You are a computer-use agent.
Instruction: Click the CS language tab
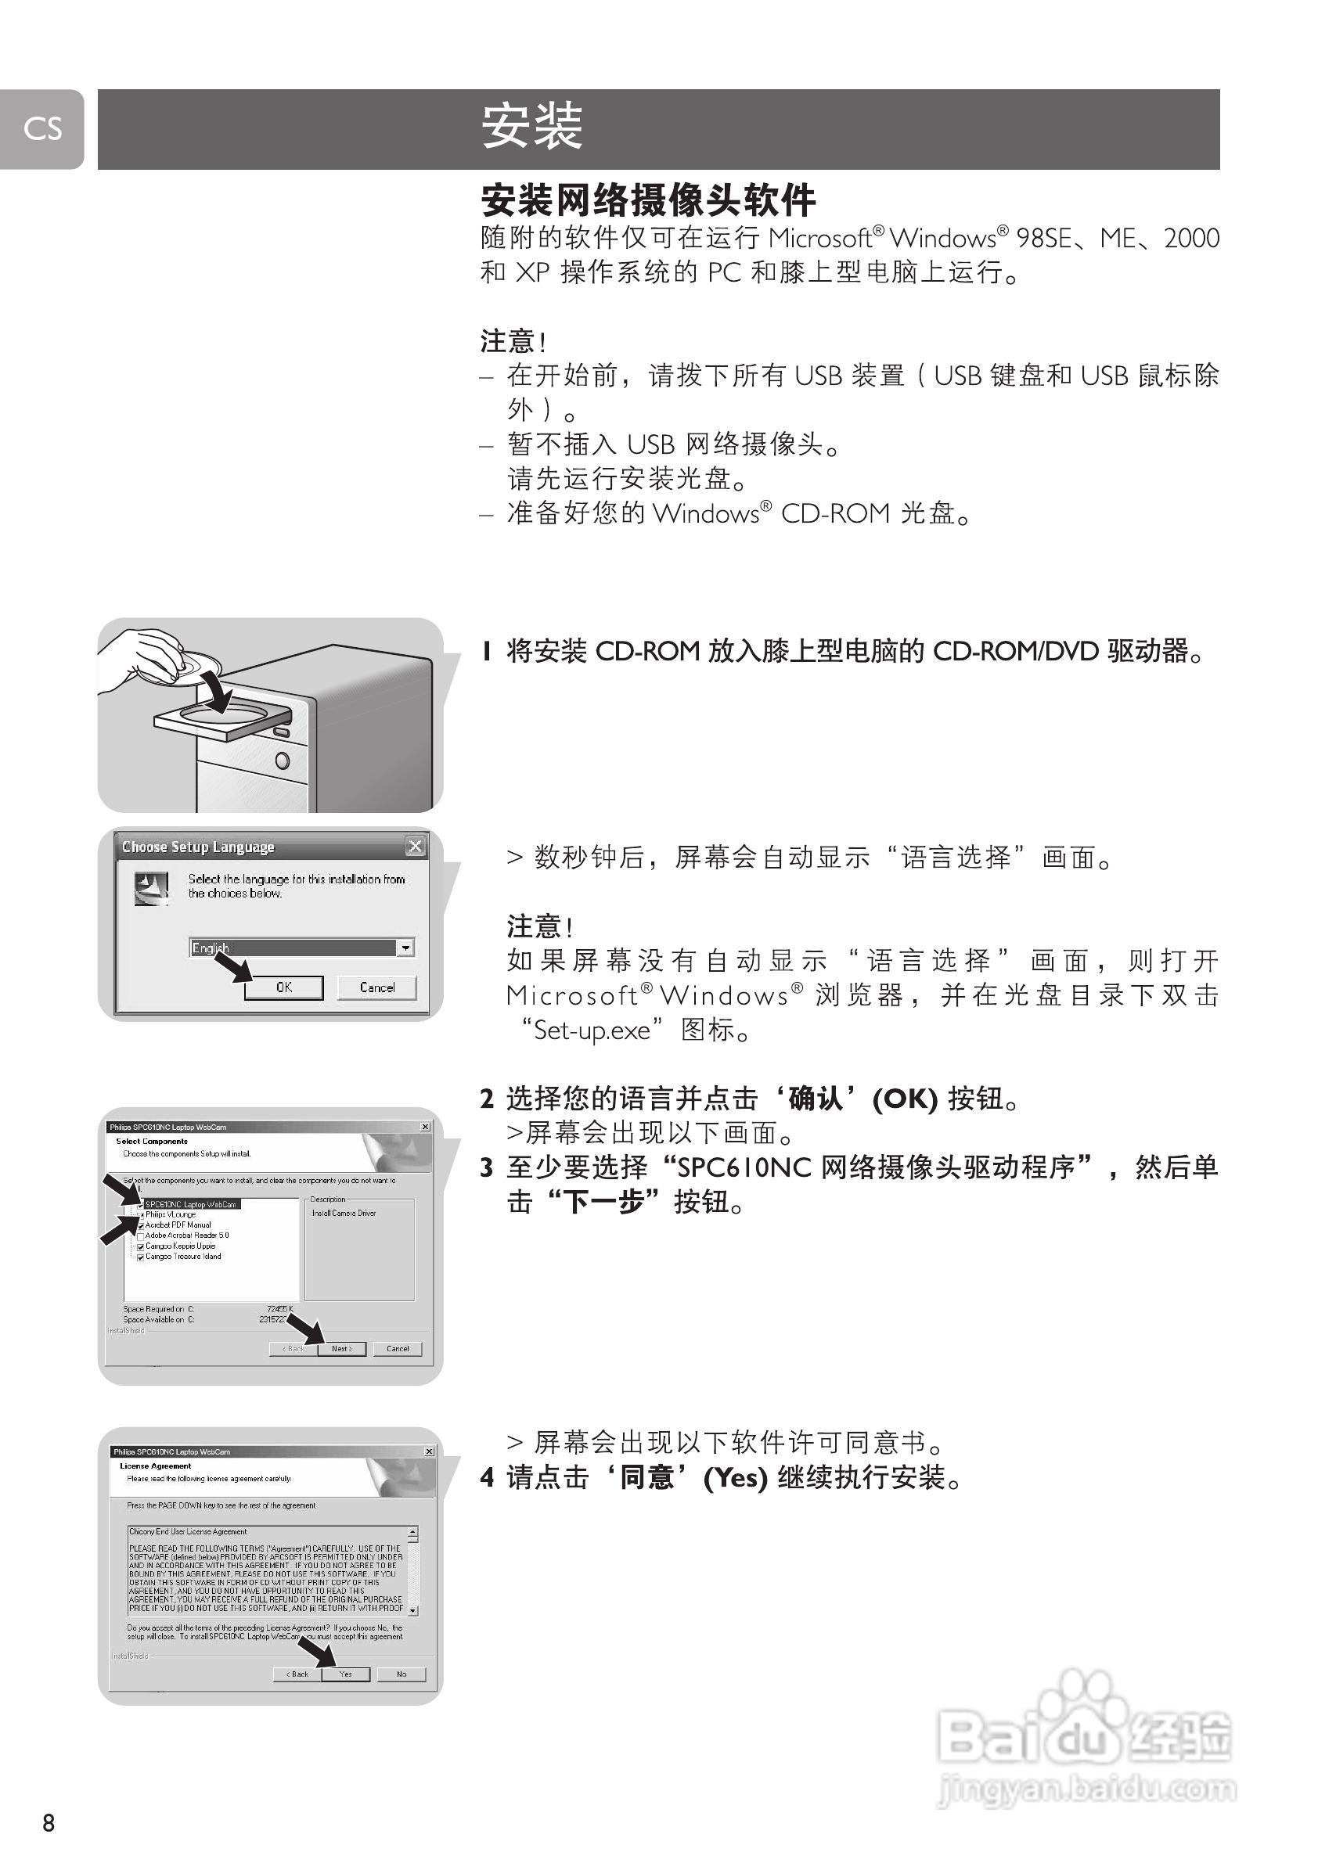[x=42, y=128]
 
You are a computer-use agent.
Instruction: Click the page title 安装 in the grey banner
[x=531, y=128]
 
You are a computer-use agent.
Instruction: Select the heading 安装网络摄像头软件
[x=647, y=200]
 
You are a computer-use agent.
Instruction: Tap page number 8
[x=49, y=1822]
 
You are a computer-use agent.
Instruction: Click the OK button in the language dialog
[x=283, y=987]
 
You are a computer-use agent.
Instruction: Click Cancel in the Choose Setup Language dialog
[x=376, y=987]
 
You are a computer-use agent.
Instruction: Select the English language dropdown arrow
[x=405, y=947]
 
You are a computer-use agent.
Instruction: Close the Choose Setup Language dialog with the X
[x=415, y=847]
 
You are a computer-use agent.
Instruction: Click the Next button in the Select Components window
[x=341, y=1349]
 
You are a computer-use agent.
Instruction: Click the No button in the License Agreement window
[x=401, y=1674]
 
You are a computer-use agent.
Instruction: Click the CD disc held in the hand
[x=195, y=664]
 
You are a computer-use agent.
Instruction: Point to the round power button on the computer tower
[x=283, y=761]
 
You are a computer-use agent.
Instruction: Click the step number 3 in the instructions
[x=486, y=1167]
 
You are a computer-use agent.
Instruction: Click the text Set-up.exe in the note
[x=592, y=1030]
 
